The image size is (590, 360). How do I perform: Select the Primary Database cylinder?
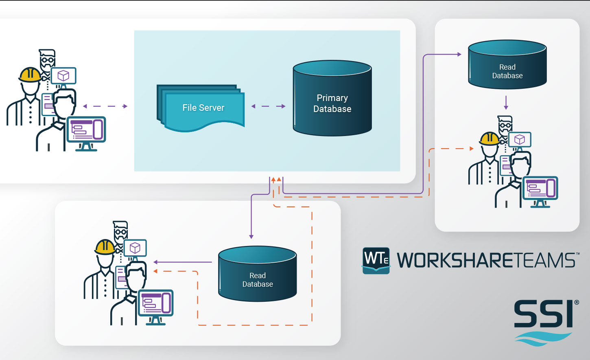[x=332, y=103]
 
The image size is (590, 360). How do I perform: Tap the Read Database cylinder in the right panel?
[x=507, y=67]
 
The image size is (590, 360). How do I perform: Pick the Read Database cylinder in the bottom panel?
[x=258, y=277]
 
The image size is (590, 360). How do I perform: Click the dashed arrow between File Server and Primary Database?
[x=269, y=106]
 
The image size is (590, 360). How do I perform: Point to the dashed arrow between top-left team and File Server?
[x=105, y=106]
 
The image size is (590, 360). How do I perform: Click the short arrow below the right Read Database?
[x=506, y=103]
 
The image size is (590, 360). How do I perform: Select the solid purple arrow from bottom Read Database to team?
[x=183, y=262]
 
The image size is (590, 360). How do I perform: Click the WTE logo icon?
[x=376, y=260]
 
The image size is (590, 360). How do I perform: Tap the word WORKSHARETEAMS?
[x=486, y=261]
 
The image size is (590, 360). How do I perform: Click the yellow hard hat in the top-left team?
[x=30, y=75]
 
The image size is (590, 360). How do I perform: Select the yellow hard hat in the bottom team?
[x=105, y=247]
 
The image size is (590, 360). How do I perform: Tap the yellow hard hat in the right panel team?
[x=489, y=139]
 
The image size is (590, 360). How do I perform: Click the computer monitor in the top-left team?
[x=86, y=130]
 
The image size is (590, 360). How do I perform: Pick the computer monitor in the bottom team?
[x=156, y=303]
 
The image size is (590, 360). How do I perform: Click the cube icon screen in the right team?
[x=520, y=140]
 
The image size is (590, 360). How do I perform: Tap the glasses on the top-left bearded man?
[x=47, y=60]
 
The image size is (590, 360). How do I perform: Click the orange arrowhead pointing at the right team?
[x=472, y=149]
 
